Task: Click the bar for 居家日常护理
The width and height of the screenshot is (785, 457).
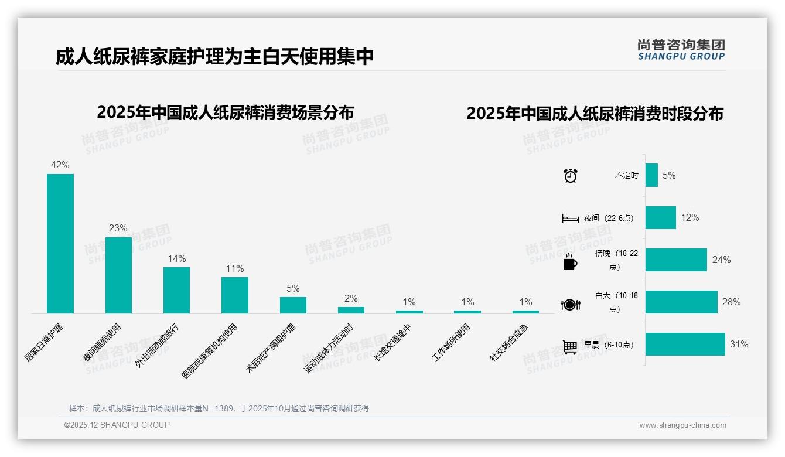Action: click(x=60, y=243)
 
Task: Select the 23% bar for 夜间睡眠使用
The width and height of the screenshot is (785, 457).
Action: click(x=118, y=275)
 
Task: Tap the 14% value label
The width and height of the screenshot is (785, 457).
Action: click(x=176, y=258)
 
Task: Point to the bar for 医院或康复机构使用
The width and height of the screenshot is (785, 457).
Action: click(x=234, y=295)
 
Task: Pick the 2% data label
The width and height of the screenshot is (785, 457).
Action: click(x=351, y=298)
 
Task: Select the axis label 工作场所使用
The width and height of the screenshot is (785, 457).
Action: click(x=451, y=343)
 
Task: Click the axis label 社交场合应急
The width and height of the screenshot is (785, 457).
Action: click(x=509, y=343)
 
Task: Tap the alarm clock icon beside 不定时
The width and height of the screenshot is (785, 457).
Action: click(x=570, y=176)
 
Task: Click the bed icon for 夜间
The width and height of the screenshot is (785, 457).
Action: click(x=570, y=219)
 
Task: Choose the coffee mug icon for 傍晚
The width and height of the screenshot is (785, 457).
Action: click(x=570, y=262)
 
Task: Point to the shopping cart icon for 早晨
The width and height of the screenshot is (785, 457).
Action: click(x=570, y=346)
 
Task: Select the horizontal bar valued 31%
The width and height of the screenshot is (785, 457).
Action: click(x=685, y=345)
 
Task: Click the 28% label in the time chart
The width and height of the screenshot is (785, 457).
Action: click(x=731, y=302)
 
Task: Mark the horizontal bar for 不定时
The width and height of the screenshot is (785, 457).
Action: click(x=651, y=175)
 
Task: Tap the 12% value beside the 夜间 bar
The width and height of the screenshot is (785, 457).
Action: click(x=690, y=217)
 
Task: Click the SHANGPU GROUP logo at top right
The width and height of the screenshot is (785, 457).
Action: click(x=681, y=50)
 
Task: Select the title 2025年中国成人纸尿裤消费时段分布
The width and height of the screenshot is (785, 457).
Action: click(x=595, y=113)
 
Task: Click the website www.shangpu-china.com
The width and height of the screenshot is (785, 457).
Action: click(x=682, y=425)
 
